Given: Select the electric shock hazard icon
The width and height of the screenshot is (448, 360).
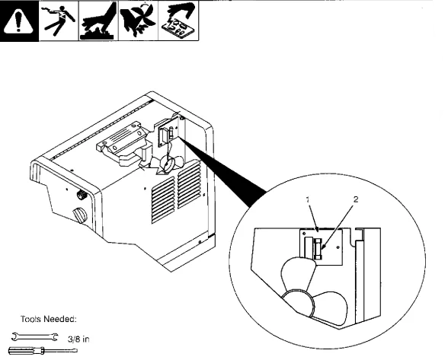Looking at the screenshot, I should [57, 24].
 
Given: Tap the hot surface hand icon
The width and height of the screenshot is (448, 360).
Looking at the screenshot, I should [97, 24].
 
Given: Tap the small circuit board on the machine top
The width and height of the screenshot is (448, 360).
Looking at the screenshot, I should [169, 130].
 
